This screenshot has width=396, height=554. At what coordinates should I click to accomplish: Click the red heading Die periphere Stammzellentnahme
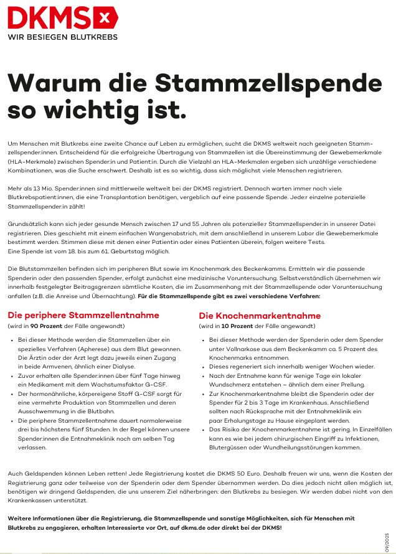83,316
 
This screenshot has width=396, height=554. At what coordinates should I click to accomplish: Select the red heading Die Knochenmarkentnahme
260,316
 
